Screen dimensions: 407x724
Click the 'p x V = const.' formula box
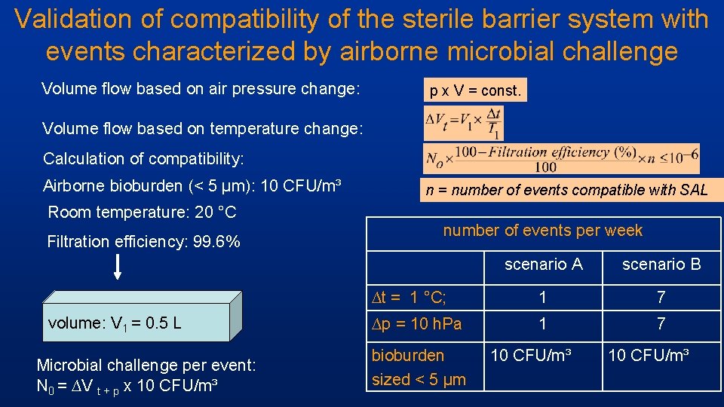coord(475,91)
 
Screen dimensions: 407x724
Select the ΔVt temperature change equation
coord(463,124)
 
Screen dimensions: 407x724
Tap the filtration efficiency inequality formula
coord(562,158)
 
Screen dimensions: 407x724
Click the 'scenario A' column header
coord(543,264)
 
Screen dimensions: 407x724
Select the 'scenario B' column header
coord(661,264)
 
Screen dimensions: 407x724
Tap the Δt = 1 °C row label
coord(417,297)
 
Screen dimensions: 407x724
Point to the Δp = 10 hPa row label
coord(417,324)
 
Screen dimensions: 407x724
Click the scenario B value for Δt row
coord(661,297)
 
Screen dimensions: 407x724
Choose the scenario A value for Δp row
coord(542,324)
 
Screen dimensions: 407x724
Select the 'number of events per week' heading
coord(542,231)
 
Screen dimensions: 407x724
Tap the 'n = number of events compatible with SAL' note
coord(566,190)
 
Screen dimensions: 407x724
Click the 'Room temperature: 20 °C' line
coord(142,212)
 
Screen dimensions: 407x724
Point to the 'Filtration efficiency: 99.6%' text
coord(143,242)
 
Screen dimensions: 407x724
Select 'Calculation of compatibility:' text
coord(143,158)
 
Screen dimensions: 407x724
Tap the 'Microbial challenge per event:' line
coord(146,366)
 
